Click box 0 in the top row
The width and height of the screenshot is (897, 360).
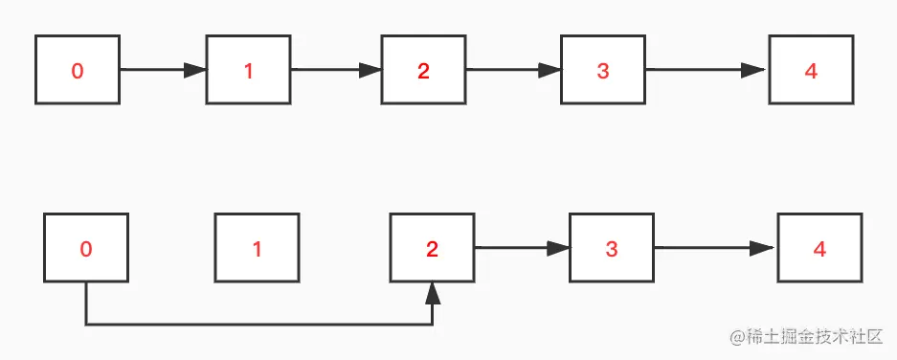click(x=78, y=70)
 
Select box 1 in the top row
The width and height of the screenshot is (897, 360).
click(x=249, y=70)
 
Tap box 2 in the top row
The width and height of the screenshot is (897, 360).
click(x=424, y=70)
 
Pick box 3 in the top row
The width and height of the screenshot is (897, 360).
click(x=603, y=70)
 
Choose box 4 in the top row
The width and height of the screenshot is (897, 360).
click(x=811, y=70)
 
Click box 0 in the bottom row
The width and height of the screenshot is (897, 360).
click(x=86, y=249)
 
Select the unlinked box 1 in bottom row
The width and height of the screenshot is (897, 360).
click(x=257, y=249)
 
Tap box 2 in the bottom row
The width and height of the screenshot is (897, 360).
click(x=432, y=249)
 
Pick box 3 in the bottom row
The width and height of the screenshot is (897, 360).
click(x=612, y=249)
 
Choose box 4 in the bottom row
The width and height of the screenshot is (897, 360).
click(x=819, y=249)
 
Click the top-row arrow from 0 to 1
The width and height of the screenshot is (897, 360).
click(x=163, y=70)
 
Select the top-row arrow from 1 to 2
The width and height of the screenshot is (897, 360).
click(x=336, y=70)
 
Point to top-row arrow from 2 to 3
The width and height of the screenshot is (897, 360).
click(x=513, y=70)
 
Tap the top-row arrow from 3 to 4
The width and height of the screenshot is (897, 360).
click(x=707, y=70)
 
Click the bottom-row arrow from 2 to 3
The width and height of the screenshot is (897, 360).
click(x=522, y=249)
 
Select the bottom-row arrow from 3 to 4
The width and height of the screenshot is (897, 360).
click(x=715, y=249)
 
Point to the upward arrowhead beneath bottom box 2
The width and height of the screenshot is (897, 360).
click(x=433, y=292)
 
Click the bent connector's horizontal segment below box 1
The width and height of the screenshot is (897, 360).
click(x=257, y=325)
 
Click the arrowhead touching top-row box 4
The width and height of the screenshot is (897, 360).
click(x=757, y=70)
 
